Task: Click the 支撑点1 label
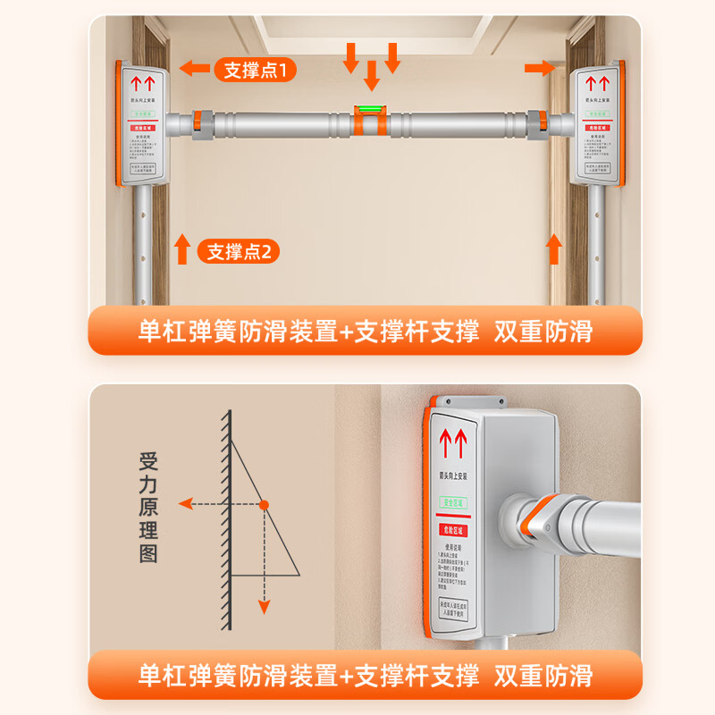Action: [255, 69]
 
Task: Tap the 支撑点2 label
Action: [239, 251]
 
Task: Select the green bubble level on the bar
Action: [369, 113]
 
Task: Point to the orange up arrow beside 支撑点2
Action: [182, 248]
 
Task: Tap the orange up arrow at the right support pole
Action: [554, 248]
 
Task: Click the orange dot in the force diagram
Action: [265, 504]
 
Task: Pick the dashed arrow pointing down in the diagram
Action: [265, 572]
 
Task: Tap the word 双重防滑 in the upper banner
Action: [543, 332]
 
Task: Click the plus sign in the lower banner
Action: [347, 675]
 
